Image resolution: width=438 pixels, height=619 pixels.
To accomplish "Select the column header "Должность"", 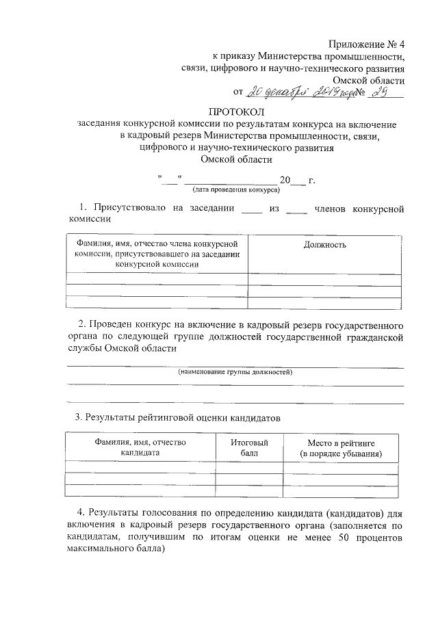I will pyautogui.click(x=324, y=245).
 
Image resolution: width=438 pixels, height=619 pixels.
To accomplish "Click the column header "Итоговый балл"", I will pyautogui.click(x=249, y=448).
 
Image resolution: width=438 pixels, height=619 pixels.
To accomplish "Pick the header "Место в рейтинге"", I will pyautogui.click(x=341, y=443).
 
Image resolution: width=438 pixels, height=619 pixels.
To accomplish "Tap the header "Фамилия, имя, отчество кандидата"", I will pyautogui.click(x=140, y=448).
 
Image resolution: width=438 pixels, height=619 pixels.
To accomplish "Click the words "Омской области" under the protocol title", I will pyautogui.click(x=235, y=159).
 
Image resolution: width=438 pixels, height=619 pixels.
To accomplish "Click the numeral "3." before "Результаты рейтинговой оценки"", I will pyautogui.click(x=79, y=417).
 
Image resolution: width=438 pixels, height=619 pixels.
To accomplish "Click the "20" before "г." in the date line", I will pyautogui.click(x=285, y=181).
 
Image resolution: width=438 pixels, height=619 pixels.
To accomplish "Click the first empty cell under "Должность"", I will pyautogui.click(x=324, y=278).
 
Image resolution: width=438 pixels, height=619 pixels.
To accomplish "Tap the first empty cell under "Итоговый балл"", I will pyautogui.click(x=249, y=467).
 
